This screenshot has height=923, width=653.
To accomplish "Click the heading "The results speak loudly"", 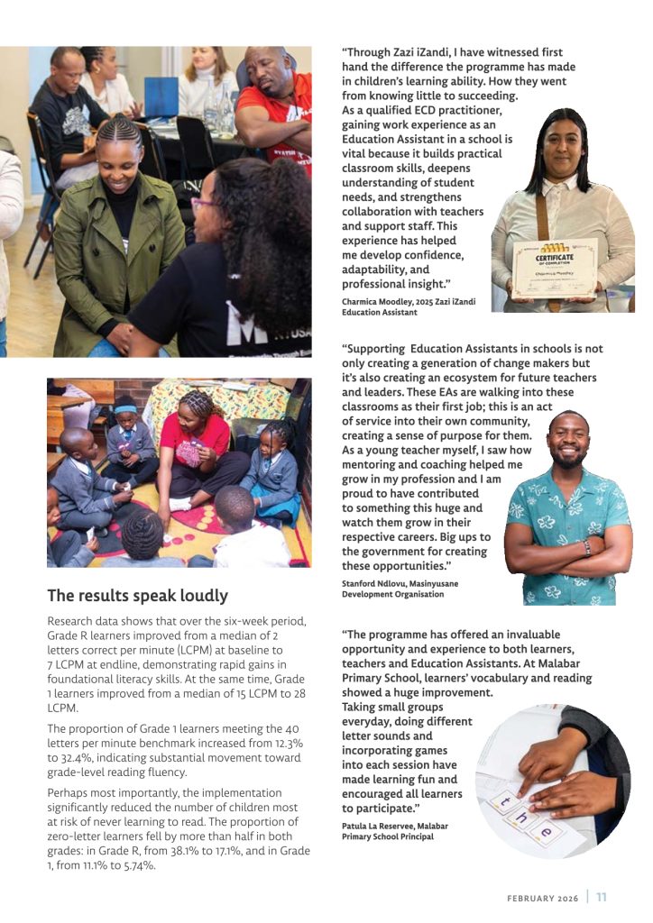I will [x=137, y=595].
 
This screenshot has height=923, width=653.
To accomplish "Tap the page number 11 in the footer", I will [x=602, y=897].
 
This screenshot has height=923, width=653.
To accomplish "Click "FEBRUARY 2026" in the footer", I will [x=542, y=898].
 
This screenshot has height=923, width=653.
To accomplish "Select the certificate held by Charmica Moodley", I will [x=555, y=268].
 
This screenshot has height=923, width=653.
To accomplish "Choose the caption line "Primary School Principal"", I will [x=388, y=836].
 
